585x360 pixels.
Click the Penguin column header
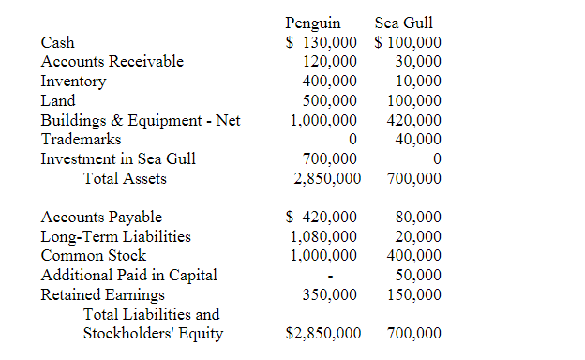coord(313,22)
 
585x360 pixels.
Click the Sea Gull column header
coord(403,22)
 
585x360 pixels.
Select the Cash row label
coord(57,42)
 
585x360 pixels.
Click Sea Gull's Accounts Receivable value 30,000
coord(418,62)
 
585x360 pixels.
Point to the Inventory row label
coord(73,82)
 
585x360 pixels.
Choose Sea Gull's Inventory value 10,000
coord(418,82)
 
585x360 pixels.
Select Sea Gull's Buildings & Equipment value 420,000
coord(414,121)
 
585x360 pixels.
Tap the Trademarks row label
coord(81,140)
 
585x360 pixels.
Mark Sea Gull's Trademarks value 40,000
coord(418,140)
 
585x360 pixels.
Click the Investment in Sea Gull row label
coord(118,159)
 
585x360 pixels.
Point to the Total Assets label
coord(125,178)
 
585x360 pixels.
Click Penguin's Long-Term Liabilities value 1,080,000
coord(323,236)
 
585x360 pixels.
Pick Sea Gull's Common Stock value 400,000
coord(414,255)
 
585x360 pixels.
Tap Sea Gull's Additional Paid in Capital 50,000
coord(418,275)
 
